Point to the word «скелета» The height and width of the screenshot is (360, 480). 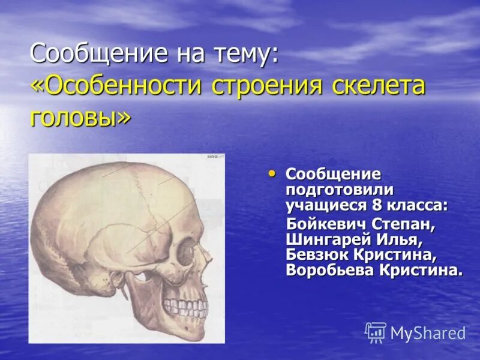[x=379, y=86]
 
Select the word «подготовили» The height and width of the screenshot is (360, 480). [x=339, y=190]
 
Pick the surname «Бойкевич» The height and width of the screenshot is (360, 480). [x=329, y=226]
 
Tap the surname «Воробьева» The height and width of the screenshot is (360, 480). [x=329, y=269]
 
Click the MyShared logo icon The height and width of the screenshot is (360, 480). [x=376, y=332]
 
